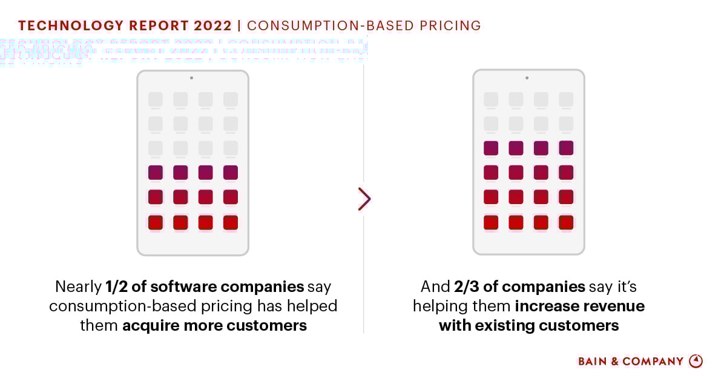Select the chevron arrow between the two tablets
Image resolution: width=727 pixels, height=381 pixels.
pos(364,199)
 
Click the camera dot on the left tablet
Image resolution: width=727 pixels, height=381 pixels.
pos(191,78)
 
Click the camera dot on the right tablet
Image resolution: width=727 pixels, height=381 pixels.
pos(527,78)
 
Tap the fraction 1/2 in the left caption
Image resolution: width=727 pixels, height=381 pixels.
pos(117,287)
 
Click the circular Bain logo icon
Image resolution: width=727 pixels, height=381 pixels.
pos(696,361)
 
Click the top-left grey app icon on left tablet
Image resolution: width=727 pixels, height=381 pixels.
pos(156,99)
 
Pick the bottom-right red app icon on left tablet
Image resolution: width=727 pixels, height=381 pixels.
pos(231,222)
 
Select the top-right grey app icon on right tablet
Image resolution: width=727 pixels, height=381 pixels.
pos(566,99)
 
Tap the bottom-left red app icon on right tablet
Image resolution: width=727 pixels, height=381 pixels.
pos(491,222)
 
